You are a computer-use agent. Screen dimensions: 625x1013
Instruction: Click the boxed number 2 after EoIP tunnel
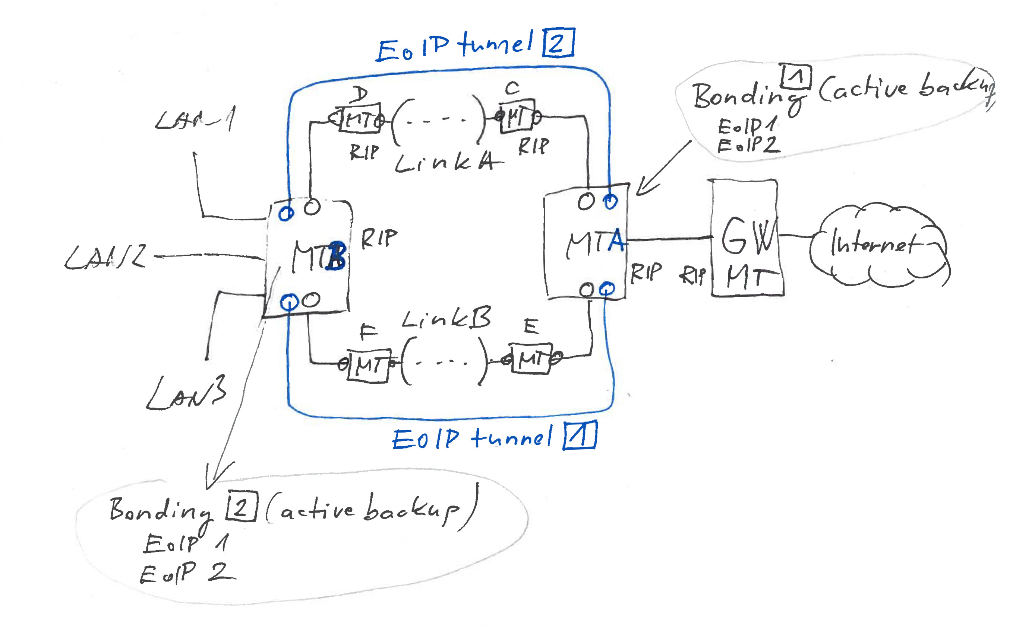coord(558,42)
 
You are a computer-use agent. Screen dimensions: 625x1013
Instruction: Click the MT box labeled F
coord(368,366)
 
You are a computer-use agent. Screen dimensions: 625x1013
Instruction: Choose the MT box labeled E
coord(530,358)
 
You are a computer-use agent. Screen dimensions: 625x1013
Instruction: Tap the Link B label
coord(446,318)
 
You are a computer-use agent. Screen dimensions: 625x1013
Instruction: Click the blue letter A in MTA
coord(616,240)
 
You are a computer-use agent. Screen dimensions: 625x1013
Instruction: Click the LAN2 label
coord(105,257)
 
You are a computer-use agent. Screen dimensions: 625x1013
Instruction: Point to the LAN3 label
coord(186,393)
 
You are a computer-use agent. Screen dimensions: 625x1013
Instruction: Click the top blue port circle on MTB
coord(286,213)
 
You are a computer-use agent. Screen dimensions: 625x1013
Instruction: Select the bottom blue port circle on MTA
coord(607,288)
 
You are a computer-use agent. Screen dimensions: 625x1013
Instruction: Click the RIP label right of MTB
coord(379,239)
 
